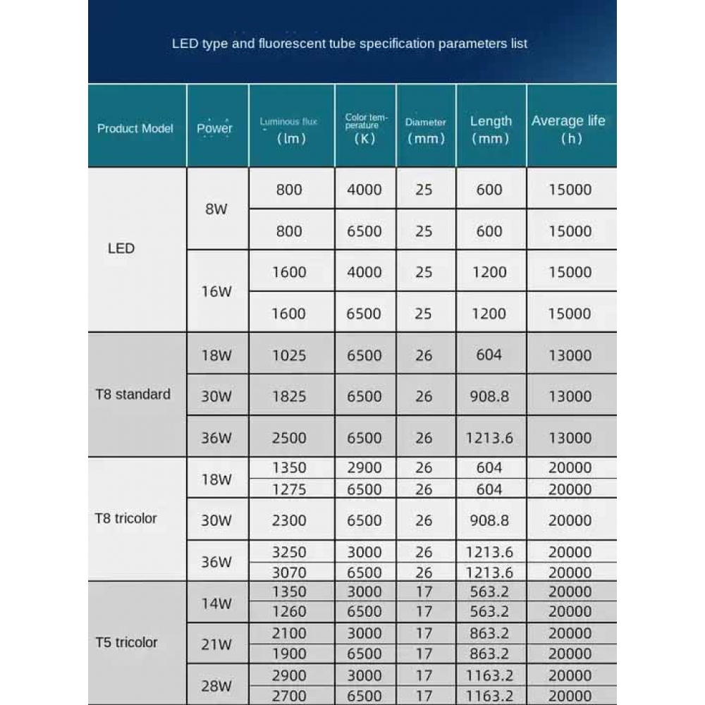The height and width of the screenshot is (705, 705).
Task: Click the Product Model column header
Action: pyautogui.click(x=135, y=128)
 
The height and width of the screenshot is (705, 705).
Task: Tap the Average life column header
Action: pyautogui.click(x=568, y=128)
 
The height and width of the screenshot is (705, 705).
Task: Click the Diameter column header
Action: pyautogui.click(x=426, y=130)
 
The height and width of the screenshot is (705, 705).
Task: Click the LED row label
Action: pyautogui.click(x=121, y=248)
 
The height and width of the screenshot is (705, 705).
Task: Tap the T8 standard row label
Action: pyautogui.click(x=133, y=394)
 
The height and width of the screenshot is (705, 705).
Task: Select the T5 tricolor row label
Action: pyautogui.click(x=126, y=642)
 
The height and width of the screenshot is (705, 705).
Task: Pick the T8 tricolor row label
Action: pyautogui.click(x=126, y=518)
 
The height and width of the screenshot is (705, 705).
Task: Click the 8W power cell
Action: pyautogui.click(x=216, y=209)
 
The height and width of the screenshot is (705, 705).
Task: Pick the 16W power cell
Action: pyautogui.click(x=216, y=291)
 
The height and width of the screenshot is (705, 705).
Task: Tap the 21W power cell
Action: pyautogui.click(x=216, y=644)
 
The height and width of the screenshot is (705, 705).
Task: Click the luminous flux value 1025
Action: pyautogui.click(x=289, y=355)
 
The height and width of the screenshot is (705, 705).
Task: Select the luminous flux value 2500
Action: pyautogui.click(x=289, y=437)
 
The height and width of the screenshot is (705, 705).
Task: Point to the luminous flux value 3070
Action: pyautogui.click(x=289, y=572)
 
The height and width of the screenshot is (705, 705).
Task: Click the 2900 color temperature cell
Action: pyautogui.click(x=364, y=467)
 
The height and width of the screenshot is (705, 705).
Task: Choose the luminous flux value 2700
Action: pyautogui.click(x=289, y=696)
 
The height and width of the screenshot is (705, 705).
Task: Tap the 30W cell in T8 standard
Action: pyautogui.click(x=216, y=396)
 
